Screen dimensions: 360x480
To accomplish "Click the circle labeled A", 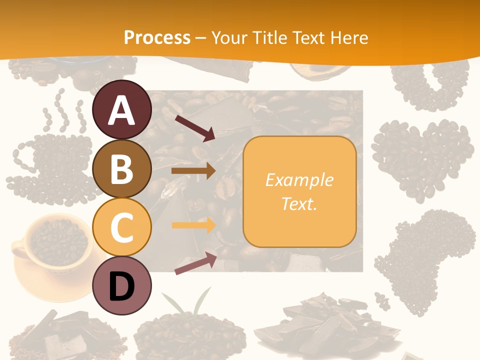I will pos(121,110).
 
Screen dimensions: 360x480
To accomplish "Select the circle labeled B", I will pos(121,168).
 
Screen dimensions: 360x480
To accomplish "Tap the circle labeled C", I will pos(121,227).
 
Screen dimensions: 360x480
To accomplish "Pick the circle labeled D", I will pos(121,285).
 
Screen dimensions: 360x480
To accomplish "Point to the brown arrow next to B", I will pos(193,171).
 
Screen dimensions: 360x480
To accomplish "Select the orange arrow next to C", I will pos(193,225).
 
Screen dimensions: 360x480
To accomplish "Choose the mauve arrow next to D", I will pos(195,263).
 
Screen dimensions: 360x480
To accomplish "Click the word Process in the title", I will pos(157,37).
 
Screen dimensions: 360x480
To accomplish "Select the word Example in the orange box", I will pos(299,180).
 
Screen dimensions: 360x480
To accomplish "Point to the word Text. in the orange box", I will pos(299,203).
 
